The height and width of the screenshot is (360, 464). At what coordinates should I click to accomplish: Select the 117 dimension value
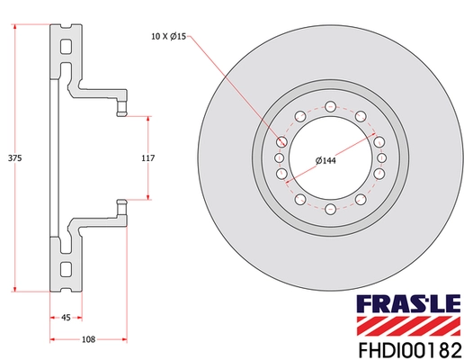[149, 157]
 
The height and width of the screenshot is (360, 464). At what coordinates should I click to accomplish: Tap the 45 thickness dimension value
[67, 317]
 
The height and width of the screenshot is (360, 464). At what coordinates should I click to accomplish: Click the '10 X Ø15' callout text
[168, 37]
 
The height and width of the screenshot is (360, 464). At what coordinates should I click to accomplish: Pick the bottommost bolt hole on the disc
[332, 210]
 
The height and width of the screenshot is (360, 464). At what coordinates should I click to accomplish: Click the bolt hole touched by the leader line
[282, 142]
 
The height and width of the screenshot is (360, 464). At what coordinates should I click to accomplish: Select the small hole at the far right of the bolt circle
[384, 157]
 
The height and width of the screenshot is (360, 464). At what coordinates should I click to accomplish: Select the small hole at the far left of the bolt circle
[280, 157]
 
